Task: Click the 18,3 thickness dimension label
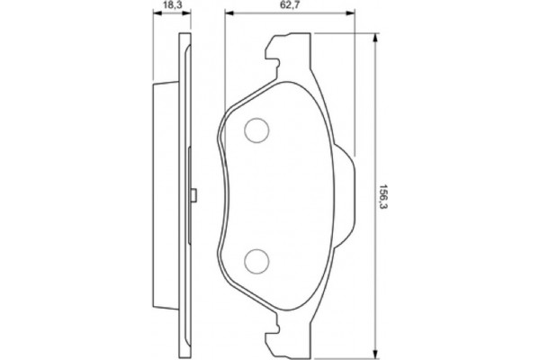167,6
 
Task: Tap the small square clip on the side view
193,195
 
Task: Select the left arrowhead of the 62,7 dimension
228,15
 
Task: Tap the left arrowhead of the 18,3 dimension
155,15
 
